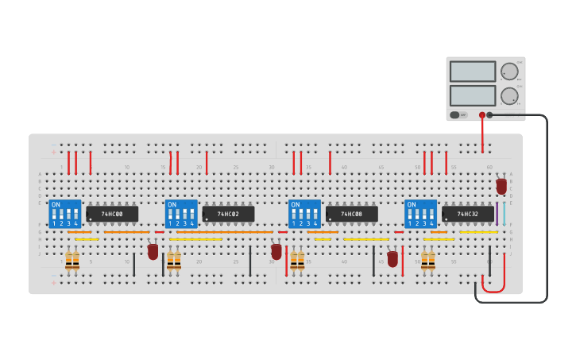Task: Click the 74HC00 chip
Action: (x=112, y=214)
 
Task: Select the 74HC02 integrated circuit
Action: (x=228, y=214)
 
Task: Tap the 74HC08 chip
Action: (x=351, y=214)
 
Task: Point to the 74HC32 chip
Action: (x=468, y=214)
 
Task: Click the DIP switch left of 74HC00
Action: (x=65, y=214)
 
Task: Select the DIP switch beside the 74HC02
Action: (x=181, y=214)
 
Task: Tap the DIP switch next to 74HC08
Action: (x=304, y=214)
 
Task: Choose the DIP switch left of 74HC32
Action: (x=420, y=214)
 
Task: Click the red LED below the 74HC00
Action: (x=153, y=251)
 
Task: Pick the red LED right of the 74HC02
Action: (x=276, y=251)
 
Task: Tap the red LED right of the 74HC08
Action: (x=392, y=258)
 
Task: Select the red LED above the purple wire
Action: (x=501, y=186)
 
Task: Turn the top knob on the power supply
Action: (x=508, y=72)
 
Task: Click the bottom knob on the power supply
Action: (x=508, y=96)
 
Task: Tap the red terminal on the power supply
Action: (x=481, y=115)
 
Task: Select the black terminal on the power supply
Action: (x=489, y=115)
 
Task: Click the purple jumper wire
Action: (x=497, y=214)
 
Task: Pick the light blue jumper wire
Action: (x=504, y=214)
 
